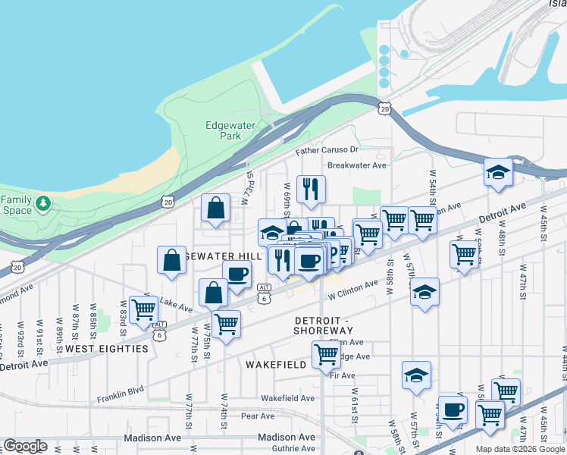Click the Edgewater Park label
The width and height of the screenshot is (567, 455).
(x=223, y=130)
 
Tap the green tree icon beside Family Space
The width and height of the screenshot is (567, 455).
(x=43, y=203)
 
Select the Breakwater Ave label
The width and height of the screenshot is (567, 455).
(x=356, y=165)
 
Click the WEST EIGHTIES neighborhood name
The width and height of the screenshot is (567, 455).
(x=106, y=349)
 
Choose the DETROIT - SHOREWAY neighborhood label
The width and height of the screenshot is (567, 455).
(x=324, y=325)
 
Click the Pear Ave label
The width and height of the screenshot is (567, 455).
(x=257, y=416)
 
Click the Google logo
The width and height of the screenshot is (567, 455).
(x=24, y=446)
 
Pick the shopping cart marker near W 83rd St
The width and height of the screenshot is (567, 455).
(x=143, y=309)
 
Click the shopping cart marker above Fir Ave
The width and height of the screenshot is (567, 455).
(x=325, y=354)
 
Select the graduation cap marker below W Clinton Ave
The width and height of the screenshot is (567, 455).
(x=424, y=292)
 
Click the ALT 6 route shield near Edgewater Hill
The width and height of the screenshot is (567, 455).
(x=264, y=293)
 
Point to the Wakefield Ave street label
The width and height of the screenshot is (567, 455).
(x=287, y=398)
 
